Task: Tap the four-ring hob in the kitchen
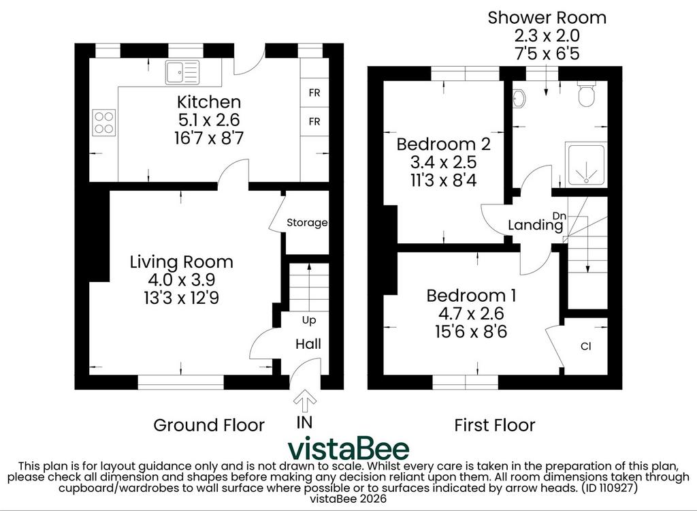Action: tap(104, 123)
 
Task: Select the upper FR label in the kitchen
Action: tap(314, 93)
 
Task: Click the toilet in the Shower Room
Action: tap(587, 94)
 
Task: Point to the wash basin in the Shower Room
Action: tap(518, 98)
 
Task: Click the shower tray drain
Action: tap(587, 181)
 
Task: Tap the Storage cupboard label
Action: tap(307, 223)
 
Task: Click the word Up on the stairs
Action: tap(309, 320)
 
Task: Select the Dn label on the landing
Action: tap(560, 216)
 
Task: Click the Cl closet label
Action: tap(586, 346)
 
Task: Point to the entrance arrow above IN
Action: tap(305, 401)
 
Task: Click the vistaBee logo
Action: tap(348, 449)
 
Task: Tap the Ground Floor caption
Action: tap(209, 425)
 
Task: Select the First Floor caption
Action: tap(494, 425)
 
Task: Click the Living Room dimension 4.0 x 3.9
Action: tap(181, 279)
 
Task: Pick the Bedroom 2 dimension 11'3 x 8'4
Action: tap(444, 181)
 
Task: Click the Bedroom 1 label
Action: tap(471, 296)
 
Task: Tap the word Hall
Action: tap(308, 344)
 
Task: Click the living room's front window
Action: tap(181, 382)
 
